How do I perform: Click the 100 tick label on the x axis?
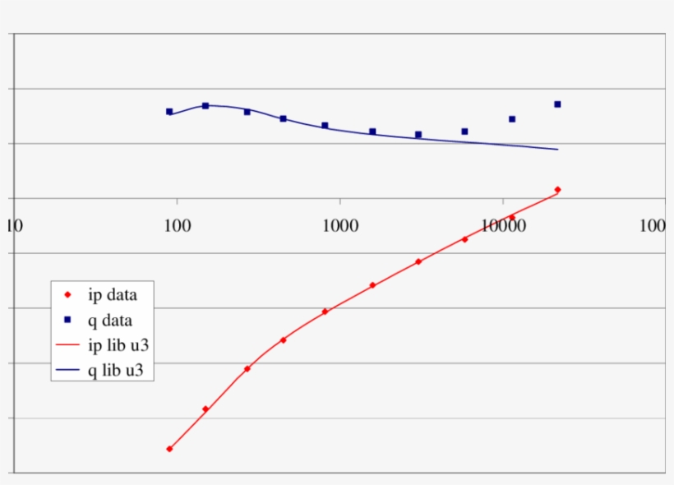[176, 225]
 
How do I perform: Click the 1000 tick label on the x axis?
[339, 225]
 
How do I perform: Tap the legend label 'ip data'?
[112, 294]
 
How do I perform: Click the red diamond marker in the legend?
[68, 294]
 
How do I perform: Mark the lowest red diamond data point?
[169, 449]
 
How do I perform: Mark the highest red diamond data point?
[557, 190]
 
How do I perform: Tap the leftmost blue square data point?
[169, 112]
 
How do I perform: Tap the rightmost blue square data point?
[557, 104]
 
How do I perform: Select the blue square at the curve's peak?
[205, 106]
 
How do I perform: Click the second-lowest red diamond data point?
[205, 409]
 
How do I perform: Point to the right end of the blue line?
[558, 150]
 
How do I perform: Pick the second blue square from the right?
[512, 119]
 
